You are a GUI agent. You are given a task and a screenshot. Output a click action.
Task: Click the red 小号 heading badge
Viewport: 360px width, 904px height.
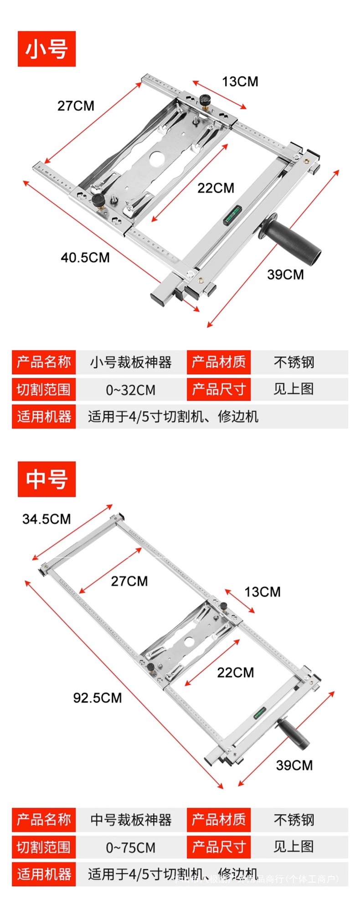[x=46, y=49]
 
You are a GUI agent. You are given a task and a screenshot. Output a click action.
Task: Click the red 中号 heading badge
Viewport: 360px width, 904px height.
[x=46, y=479]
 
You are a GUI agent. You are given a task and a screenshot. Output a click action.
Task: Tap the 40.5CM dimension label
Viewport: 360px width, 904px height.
[x=85, y=257]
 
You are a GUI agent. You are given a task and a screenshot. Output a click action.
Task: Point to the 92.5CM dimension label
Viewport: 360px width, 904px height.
[x=98, y=698]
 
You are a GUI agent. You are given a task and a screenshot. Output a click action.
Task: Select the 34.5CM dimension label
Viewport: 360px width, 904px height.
[x=46, y=519]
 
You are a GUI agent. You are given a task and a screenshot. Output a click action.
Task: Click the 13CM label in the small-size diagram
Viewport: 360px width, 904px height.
[x=240, y=82]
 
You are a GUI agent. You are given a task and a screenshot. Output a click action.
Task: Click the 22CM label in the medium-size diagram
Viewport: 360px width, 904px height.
[x=235, y=672]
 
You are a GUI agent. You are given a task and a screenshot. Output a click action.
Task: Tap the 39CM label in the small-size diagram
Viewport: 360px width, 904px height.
[x=285, y=274]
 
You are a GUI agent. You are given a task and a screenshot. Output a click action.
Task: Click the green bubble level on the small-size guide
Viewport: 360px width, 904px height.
[x=232, y=215]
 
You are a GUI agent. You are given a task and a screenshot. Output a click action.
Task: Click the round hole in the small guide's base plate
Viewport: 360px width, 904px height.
[x=156, y=157]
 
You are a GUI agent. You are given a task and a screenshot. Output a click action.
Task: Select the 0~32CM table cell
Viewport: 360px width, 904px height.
[x=130, y=390]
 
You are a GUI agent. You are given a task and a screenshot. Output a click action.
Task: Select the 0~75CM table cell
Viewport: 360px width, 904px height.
[x=130, y=847]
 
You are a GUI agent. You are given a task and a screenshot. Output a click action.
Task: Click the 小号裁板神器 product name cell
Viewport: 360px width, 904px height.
[x=130, y=362]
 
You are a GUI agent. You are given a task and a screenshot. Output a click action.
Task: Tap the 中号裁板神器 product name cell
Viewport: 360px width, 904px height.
[x=130, y=820]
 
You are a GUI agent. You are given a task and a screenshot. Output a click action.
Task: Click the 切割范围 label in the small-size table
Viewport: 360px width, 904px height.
[x=44, y=390]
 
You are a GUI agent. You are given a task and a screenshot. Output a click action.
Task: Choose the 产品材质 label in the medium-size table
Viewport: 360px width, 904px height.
[x=219, y=820]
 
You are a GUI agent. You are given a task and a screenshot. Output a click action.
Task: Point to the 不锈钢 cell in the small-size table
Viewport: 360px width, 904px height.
[x=294, y=362]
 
